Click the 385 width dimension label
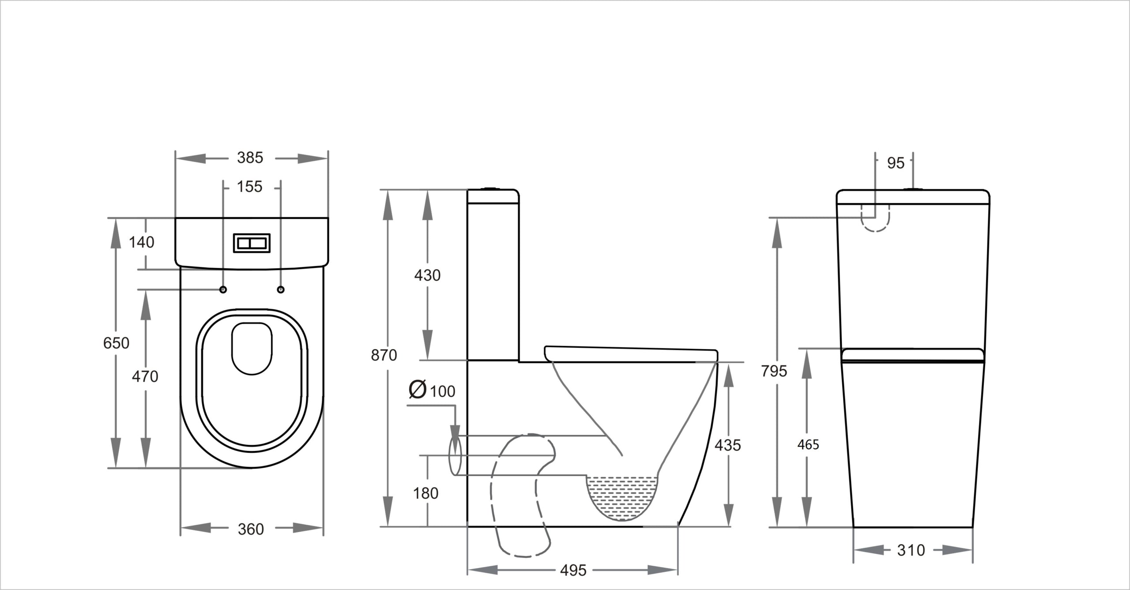click(250, 158)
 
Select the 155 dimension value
click(249, 187)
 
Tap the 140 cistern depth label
click(142, 242)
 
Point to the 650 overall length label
click(116, 343)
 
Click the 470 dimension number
click(145, 376)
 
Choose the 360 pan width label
click(251, 529)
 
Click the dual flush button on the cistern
click(252, 243)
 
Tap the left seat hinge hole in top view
click(223, 289)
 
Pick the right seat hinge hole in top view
click(281, 289)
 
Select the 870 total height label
click(384, 355)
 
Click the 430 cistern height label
click(427, 275)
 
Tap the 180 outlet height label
click(426, 493)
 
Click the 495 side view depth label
click(573, 570)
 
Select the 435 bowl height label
click(727, 445)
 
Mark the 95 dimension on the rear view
click(896, 163)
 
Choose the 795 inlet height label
click(774, 371)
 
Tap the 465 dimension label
click(808, 445)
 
